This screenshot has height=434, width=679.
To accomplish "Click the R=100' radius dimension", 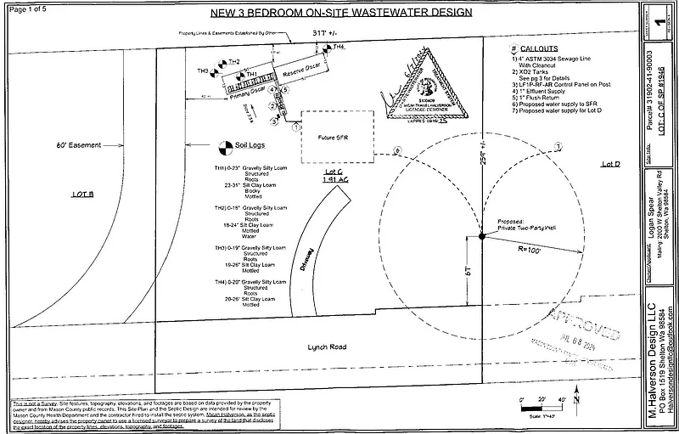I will point(532,252).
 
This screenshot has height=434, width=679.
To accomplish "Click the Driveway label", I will point(309,255).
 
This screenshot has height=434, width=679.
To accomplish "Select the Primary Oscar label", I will point(246,90).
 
